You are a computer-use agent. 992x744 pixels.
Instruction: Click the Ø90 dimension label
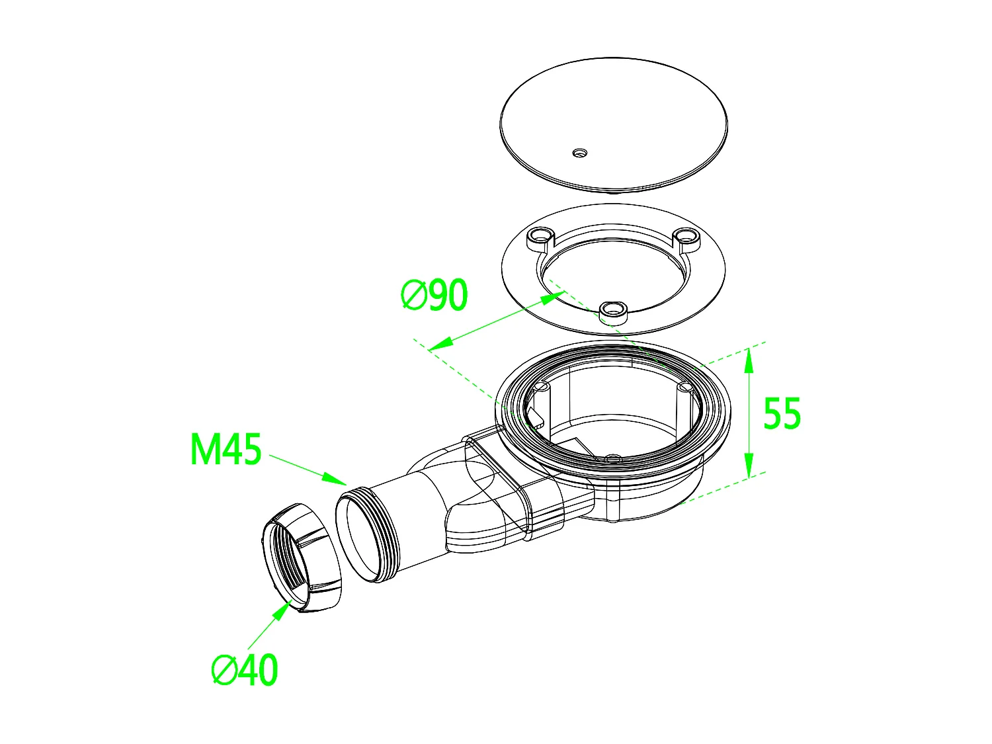tap(434, 296)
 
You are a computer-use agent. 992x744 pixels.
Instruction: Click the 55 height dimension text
tap(782, 414)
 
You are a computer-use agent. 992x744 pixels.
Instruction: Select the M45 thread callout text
tap(226, 450)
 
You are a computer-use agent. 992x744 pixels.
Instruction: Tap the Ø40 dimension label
tap(245, 671)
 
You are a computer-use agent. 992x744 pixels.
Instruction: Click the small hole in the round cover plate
tap(579, 153)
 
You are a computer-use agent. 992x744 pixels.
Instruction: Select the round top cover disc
tap(614, 119)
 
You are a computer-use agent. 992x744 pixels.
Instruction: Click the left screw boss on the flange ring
tap(540, 235)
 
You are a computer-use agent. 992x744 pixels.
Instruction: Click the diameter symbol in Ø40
tap(225, 671)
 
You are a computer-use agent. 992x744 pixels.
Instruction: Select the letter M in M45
tap(204, 450)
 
